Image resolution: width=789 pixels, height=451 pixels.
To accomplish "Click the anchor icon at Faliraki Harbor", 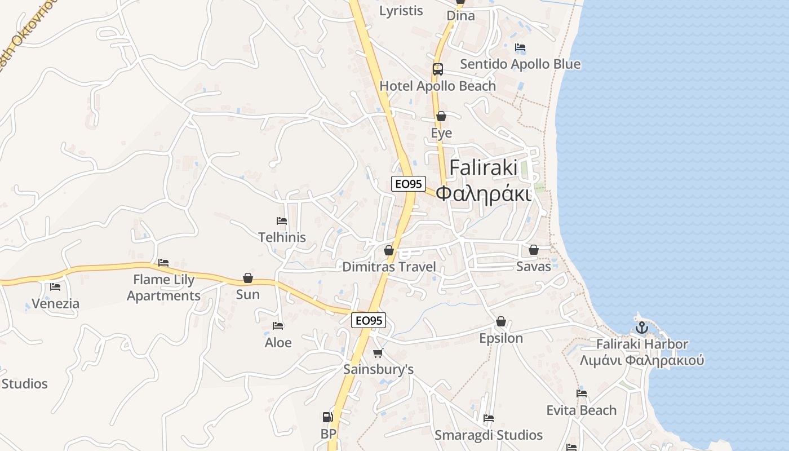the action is point(641,327).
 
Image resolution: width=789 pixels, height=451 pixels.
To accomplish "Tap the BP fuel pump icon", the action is point(327,418).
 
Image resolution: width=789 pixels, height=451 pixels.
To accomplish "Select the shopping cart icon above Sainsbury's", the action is point(378,353).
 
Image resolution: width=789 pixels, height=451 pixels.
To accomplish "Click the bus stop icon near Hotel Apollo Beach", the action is point(438,69).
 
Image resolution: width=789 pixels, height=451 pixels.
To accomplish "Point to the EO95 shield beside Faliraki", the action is point(408,183).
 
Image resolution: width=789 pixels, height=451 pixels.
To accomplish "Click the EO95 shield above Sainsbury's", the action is point(369,320).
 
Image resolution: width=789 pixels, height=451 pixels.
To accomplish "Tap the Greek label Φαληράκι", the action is point(484,194).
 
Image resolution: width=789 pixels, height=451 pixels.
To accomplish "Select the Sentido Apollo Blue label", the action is point(520,64).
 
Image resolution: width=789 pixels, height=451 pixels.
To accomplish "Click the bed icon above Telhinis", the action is point(282,221).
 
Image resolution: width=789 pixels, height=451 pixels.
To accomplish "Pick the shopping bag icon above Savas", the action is point(533,250).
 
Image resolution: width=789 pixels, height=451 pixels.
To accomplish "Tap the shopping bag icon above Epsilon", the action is point(500,322).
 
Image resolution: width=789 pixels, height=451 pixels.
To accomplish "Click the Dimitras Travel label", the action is point(389,267).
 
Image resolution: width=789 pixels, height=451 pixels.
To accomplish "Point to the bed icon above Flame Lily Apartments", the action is point(163,263).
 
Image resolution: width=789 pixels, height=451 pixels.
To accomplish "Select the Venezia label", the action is point(55,304).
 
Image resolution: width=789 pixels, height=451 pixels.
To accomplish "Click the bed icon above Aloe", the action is point(278,326).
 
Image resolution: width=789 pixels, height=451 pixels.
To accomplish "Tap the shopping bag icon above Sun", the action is point(247,278).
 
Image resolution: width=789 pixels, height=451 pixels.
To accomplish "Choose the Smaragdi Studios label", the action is point(489,435).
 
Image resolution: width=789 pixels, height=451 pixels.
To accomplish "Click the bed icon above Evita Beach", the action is point(582,393).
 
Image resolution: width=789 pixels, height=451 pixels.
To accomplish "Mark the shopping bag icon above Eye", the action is point(441,117).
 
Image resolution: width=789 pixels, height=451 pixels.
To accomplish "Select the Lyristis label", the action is point(401,11).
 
